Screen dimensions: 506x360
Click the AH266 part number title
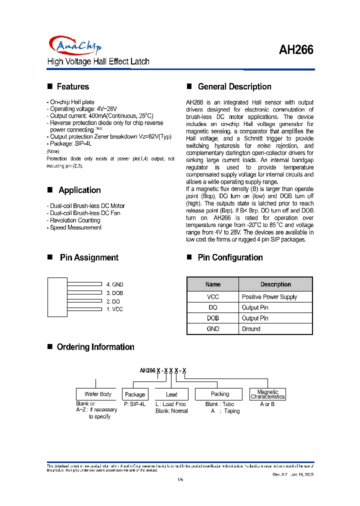coord(296,50)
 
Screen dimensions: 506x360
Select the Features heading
coord(72,86)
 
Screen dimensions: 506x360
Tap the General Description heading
coord(234,86)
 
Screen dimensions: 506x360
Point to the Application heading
coord(79,190)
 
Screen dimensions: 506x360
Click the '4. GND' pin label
coord(114,284)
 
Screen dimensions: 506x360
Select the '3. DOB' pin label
coord(114,293)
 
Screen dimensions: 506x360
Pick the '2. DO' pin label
coord(113,301)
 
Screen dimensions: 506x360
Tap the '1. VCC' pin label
coord(114,309)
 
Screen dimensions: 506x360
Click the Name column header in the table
coord(213,284)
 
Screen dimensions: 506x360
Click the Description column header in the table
coord(275,284)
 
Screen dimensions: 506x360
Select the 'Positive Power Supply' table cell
coord(269,297)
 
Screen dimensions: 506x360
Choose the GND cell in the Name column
coord(213,329)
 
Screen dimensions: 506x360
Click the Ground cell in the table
coord(251,329)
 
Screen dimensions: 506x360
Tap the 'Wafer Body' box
coord(98,394)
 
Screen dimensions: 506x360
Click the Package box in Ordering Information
coord(135,394)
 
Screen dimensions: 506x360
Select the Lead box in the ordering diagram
coord(171,394)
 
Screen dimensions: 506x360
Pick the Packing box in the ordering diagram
coord(220,394)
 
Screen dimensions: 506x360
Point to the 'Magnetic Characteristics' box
coord(267,394)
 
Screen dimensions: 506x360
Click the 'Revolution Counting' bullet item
coord(75,220)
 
